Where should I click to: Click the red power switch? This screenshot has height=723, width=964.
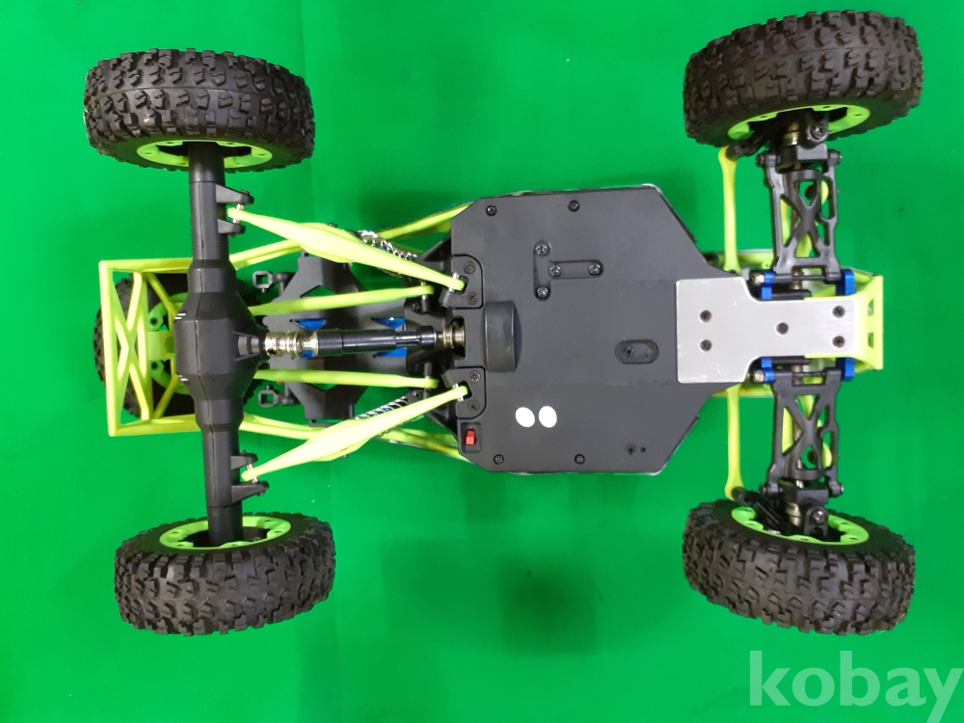click(x=470, y=438)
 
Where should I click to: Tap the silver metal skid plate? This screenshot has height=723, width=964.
click(x=768, y=329)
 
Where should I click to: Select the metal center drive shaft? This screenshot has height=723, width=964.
click(x=361, y=340)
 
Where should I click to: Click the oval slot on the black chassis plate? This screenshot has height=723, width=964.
click(x=636, y=352)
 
